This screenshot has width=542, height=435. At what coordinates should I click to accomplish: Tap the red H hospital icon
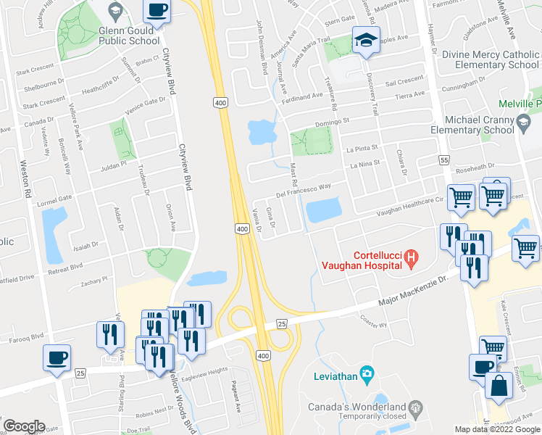(x=411, y=256)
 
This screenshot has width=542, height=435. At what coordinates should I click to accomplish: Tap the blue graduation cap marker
(x=366, y=41)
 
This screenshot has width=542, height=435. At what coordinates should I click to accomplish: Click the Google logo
(x=24, y=426)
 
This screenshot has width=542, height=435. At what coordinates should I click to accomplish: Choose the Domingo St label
(x=332, y=122)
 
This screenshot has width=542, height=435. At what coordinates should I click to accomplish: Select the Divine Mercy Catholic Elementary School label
(x=491, y=59)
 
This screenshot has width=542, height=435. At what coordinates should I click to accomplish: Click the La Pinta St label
(x=362, y=149)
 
